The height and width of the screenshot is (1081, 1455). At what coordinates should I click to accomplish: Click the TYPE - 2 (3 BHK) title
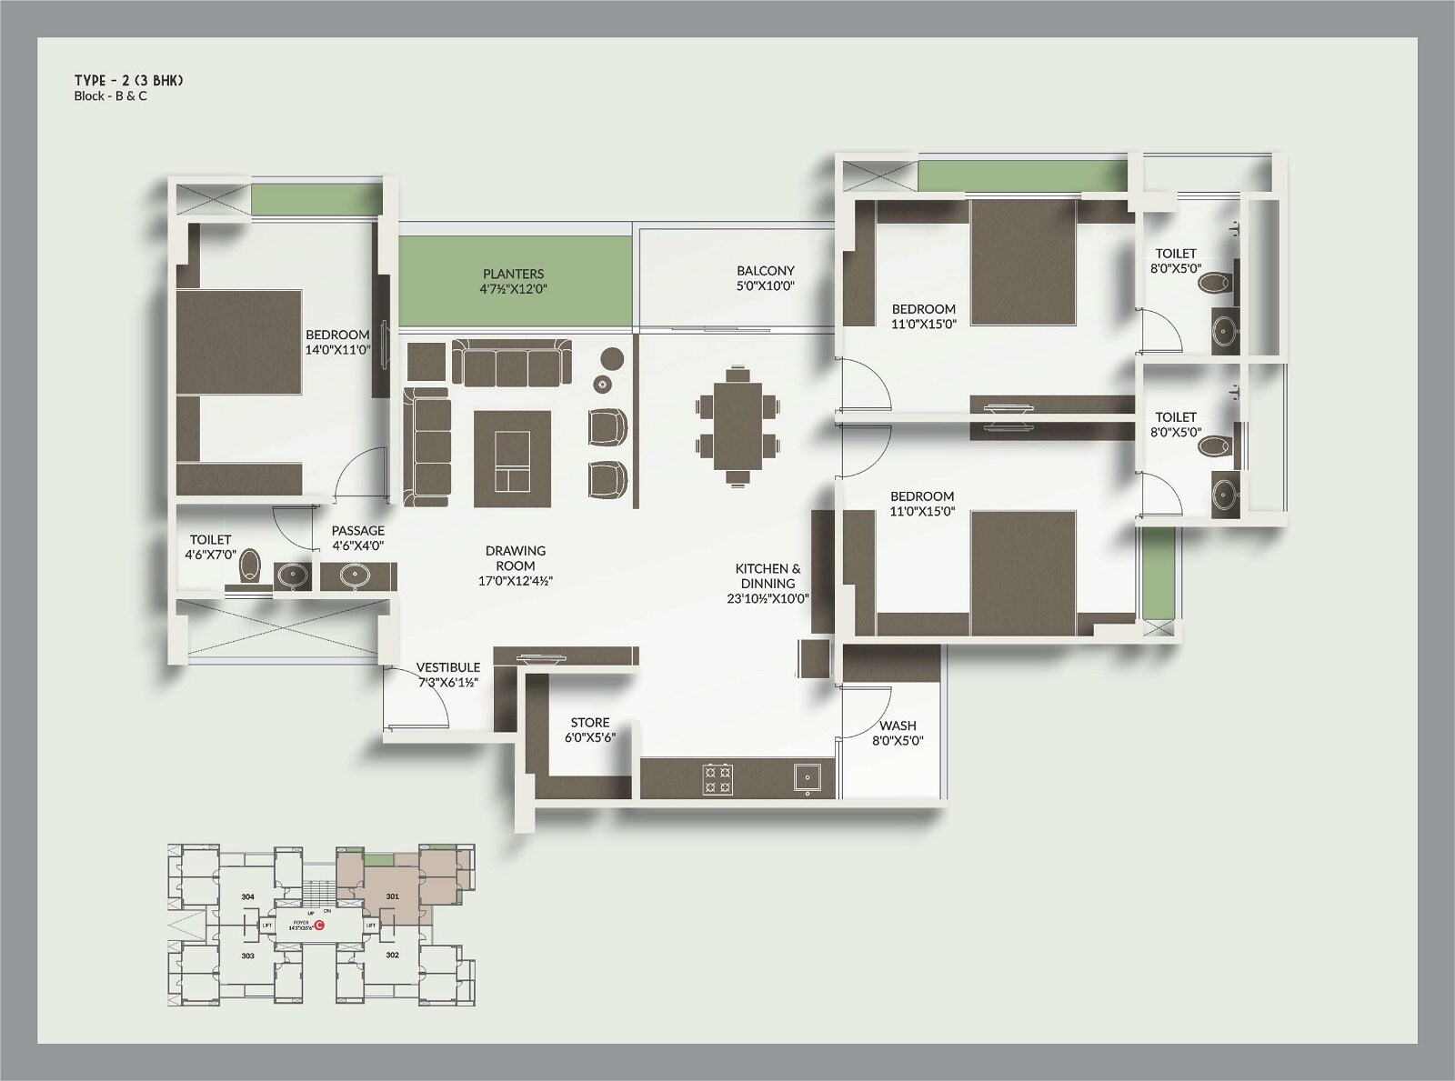(128, 81)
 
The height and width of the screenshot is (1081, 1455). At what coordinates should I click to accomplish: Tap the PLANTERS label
(513, 274)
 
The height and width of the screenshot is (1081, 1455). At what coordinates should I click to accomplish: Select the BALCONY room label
(765, 271)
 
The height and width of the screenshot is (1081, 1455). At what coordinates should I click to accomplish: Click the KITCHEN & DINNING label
(768, 576)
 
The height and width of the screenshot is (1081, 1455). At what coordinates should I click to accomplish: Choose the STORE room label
(590, 723)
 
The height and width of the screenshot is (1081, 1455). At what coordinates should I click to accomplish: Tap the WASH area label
(898, 726)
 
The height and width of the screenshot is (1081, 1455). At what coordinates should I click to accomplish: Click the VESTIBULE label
(447, 667)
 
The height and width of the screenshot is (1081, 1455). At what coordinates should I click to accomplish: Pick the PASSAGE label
(357, 531)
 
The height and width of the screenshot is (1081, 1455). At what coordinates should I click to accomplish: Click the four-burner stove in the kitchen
(717, 779)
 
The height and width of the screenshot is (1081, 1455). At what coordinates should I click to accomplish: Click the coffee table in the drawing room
(512, 459)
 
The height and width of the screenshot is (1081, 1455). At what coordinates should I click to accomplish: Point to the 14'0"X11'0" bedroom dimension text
(337, 349)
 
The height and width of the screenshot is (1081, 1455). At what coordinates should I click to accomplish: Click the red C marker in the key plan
(319, 926)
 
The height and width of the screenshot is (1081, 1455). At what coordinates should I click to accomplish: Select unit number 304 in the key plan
(248, 897)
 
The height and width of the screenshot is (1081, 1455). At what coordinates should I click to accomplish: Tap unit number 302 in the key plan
(392, 956)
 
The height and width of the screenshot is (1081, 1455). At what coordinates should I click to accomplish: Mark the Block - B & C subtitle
(110, 96)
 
